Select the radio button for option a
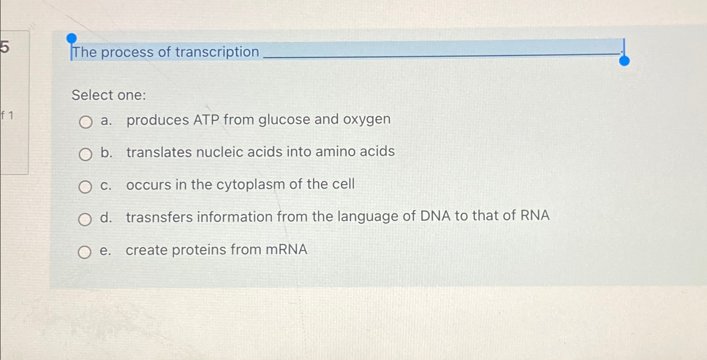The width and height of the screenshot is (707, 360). pyautogui.click(x=86, y=122)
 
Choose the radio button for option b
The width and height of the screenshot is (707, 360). pyautogui.click(x=85, y=155)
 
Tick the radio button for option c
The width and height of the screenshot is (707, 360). pyautogui.click(x=85, y=187)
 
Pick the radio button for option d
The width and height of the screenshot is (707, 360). pyautogui.click(x=85, y=219)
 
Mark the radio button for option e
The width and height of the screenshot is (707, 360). pyautogui.click(x=84, y=252)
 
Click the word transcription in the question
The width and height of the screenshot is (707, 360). pyautogui.click(x=217, y=52)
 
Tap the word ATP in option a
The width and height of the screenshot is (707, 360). pyautogui.click(x=206, y=120)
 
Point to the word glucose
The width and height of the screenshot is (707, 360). pyautogui.click(x=284, y=120)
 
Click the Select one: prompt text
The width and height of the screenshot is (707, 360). pyautogui.click(x=109, y=95)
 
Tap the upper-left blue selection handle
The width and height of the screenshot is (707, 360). pyautogui.click(x=71, y=39)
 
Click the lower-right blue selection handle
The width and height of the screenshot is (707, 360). pyautogui.click(x=624, y=61)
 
